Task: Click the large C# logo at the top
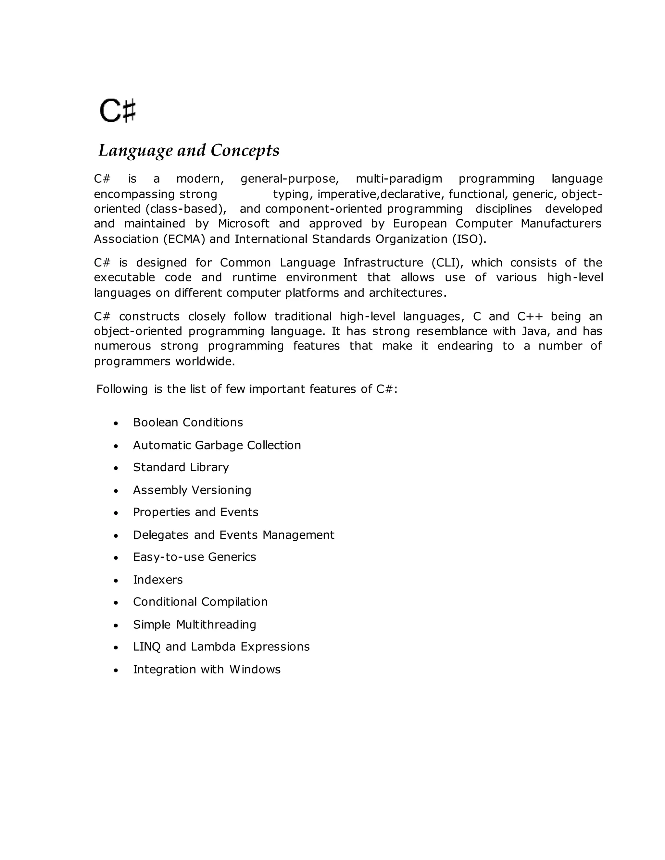(118, 111)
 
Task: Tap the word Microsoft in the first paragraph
(244, 224)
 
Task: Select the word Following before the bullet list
(122, 389)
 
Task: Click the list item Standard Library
(181, 467)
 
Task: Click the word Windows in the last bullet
(255, 670)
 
